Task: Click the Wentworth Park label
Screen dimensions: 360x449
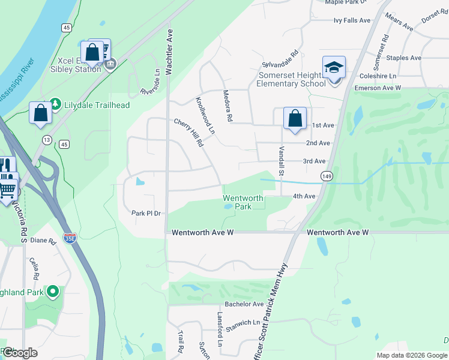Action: pyautogui.click(x=243, y=202)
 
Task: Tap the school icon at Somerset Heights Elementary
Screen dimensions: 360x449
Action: pyautogui.click(x=334, y=68)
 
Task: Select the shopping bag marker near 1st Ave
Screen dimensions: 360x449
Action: pyautogui.click(x=295, y=118)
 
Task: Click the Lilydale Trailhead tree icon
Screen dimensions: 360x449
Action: pyautogui.click(x=55, y=104)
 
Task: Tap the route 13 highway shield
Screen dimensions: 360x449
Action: pyautogui.click(x=46, y=140)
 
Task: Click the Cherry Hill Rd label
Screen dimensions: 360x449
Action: pyautogui.click(x=189, y=133)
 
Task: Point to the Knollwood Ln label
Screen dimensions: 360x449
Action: pyautogui.click(x=205, y=115)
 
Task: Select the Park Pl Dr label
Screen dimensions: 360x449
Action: pyautogui.click(x=147, y=213)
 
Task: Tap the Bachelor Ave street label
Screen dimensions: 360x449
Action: pyautogui.click(x=244, y=304)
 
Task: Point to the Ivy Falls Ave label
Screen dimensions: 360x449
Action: pyautogui.click(x=352, y=20)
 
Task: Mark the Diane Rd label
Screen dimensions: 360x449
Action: pyautogui.click(x=43, y=241)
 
